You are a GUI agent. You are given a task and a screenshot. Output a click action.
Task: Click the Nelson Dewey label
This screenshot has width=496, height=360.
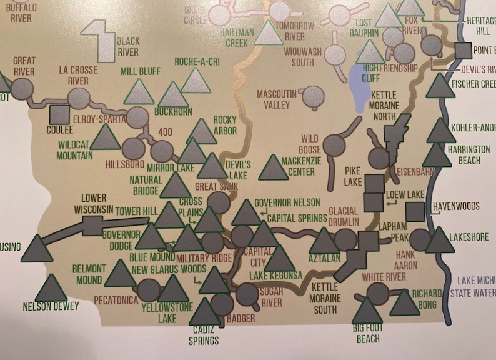51,306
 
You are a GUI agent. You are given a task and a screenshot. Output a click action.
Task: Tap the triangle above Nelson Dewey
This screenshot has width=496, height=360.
51,288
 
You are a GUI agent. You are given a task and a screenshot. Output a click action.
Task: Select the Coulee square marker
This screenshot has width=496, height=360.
59,114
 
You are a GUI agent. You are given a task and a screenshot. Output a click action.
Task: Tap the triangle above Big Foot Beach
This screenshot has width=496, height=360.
367,311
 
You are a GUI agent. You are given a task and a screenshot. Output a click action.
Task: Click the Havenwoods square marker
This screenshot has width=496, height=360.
415,211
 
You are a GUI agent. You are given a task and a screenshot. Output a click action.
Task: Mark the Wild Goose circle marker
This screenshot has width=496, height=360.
334,146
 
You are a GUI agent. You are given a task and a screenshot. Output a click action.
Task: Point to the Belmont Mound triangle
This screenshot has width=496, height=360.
120,274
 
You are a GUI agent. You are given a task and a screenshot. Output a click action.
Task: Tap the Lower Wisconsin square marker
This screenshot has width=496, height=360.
92,226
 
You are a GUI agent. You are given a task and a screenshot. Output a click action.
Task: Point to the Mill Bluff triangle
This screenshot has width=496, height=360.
139,92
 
